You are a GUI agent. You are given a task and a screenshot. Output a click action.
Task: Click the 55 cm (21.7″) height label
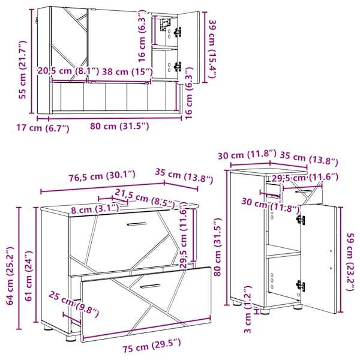[23, 70]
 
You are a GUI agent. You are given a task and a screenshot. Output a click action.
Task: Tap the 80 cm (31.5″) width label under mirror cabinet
[119, 126]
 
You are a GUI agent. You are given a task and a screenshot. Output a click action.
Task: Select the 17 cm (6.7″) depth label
[43, 128]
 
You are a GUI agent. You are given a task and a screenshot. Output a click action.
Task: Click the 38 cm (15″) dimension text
[127, 72]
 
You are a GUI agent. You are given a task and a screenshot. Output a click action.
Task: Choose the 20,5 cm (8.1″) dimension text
[68, 71]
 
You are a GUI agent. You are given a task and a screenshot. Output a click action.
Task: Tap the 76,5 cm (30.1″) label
[102, 176]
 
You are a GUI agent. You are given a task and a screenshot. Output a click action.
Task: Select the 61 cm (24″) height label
[29, 276]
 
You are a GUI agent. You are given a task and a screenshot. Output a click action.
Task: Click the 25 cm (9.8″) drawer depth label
[74, 304]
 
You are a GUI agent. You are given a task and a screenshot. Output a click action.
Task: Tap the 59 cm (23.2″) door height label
[351, 262]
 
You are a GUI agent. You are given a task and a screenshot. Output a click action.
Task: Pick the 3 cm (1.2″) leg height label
[247, 309]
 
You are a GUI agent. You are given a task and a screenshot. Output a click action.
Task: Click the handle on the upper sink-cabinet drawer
[137, 224]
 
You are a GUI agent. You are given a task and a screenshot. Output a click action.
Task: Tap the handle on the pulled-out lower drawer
[151, 286]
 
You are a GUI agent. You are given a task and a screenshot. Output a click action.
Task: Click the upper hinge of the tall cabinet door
[301, 220]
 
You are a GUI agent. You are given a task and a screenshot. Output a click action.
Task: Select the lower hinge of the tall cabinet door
[301, 286]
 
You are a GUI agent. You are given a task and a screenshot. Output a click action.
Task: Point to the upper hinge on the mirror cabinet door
[178, 32]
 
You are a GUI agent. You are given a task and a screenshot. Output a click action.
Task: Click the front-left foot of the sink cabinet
[71, 338]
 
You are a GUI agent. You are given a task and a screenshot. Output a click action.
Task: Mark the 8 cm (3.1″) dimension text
[95, 209]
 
